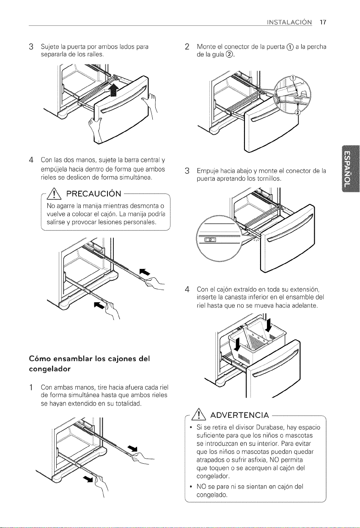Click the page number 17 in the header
(x=323, y=22)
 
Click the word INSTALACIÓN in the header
(x=289, y=22)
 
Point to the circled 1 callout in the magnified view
(x=292, y=78)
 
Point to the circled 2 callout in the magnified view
(x=298, y=112)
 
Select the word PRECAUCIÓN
(x=94, y=194)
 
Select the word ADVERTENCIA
(x=239, y=415)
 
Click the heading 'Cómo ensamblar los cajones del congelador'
(x=89, y=364)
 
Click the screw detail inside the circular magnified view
(x=211, y=240)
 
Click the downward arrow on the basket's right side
(x=268, y=325)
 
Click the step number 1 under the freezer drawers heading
(x=30, y=387)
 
